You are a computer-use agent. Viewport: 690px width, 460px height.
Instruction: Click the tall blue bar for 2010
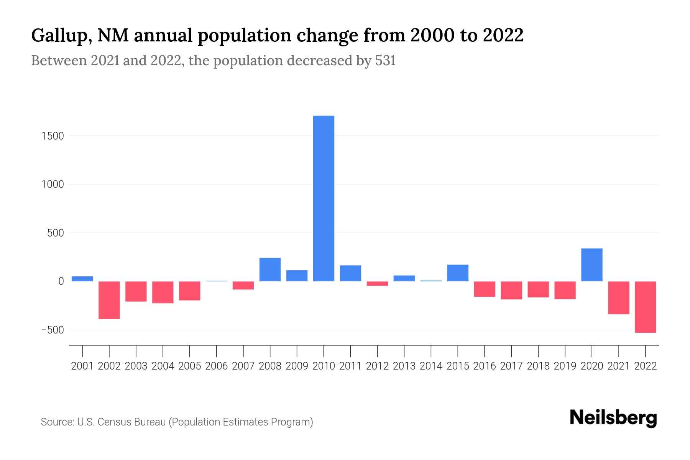[324, 198]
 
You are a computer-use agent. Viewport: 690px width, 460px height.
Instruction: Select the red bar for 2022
[646, 307]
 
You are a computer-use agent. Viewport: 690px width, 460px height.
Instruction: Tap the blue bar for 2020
[592, 265]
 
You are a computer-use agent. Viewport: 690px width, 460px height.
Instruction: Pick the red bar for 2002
[109, 300]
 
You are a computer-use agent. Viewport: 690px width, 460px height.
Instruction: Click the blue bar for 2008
[270, 269]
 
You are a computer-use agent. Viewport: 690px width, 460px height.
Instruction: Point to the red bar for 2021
[619, 297]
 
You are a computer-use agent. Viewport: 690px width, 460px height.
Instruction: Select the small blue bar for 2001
[82, 279]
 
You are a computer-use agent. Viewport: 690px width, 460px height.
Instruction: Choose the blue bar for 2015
[458, 273]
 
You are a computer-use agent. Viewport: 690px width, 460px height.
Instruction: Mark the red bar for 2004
[163, 292]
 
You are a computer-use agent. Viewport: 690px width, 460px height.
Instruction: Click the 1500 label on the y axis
[53, 136]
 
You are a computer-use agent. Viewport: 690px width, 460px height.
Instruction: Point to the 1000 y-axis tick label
[53, 184]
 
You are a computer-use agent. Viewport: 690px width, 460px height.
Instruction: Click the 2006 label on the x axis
[217, 366]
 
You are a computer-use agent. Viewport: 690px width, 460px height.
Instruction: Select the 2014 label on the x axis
[431, 366]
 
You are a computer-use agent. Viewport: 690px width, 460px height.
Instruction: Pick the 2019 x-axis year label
[565, 366]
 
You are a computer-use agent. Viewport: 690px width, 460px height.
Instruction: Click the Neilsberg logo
[613, 418]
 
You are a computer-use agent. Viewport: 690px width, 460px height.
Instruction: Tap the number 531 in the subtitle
[385, 61]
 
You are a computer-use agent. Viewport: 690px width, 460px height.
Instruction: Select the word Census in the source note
[114, 422]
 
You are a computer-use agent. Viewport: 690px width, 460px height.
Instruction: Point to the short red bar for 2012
[377, 284]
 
